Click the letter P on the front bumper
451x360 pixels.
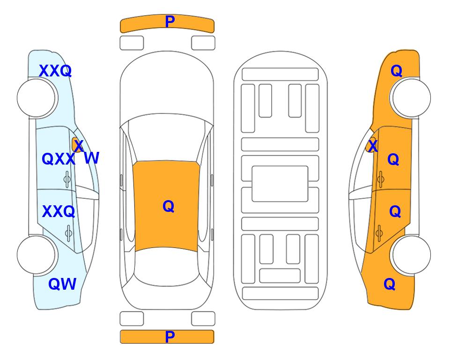point(170,22)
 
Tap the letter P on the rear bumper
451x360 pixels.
point(170,337)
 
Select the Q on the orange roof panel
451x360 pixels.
point(169,206)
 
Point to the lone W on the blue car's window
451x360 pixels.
point(92,158)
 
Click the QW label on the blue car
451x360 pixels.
point(62,284)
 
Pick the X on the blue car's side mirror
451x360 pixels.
point(79,146)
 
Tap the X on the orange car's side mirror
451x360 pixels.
point(373,146)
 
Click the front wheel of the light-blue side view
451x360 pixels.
point(36,98)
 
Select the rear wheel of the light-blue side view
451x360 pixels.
point(36,255)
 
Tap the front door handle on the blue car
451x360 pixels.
point(67,180)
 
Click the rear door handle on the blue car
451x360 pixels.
point(68,233)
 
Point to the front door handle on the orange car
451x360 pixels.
point(381,180)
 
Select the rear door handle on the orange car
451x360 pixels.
point(379,233)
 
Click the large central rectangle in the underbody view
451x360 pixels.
point(280,184)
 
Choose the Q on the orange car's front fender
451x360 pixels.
point(396,71)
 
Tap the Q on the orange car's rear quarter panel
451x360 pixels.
point(390,284)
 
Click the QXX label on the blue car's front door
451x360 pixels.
point(59,159)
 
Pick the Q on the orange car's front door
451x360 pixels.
point(393,159)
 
